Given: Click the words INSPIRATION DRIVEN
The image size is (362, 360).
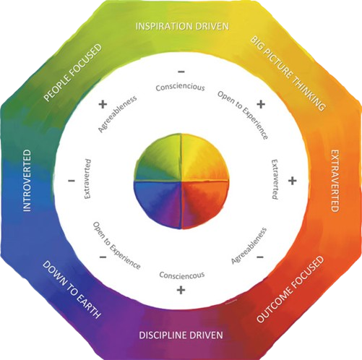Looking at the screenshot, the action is coord(182,26).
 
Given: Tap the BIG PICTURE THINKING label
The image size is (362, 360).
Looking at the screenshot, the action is coord(288,73).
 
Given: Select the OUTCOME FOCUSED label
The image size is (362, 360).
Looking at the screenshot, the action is coord(290,289).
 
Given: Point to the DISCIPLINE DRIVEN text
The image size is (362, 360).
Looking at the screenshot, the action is coord(181,335).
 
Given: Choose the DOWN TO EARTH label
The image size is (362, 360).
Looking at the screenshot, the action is coord(72,290).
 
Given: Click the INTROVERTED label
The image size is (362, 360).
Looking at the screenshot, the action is coord(27,181).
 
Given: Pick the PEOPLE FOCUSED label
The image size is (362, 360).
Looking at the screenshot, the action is coord(72,72).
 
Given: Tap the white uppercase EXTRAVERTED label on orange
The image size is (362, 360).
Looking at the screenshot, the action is coord(335,181).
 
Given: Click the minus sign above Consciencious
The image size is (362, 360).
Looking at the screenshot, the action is coord(181,72).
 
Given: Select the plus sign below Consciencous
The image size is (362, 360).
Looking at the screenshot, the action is coord(181,290).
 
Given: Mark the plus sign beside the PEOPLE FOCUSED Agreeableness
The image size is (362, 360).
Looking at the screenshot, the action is coord(103,104).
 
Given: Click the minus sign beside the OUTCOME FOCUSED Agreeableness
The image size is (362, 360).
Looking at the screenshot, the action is coord(260,257).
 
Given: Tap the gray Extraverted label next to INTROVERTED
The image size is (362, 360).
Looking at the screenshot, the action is coord(87,179).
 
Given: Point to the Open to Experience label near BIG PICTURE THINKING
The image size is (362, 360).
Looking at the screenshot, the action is coord(243,115).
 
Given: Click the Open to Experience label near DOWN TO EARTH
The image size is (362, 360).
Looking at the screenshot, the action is coord(117,246).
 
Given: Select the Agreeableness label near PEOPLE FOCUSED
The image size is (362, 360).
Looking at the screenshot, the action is coord(117,113).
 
